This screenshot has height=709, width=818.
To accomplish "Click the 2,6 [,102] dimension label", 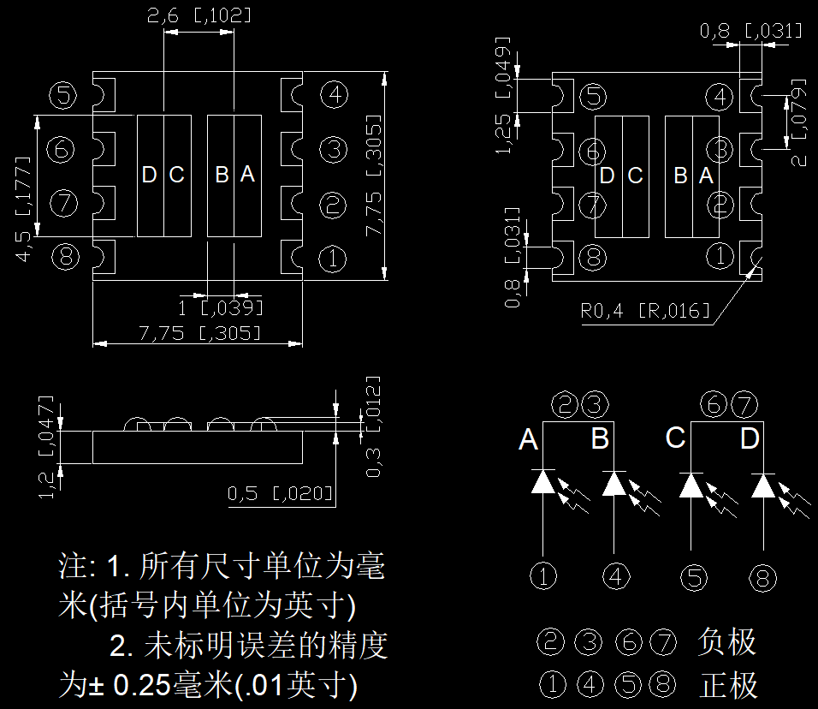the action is point(199,15).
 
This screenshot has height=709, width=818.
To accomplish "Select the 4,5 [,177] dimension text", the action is point(23,208).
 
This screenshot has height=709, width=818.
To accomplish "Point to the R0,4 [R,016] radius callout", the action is point(645,311).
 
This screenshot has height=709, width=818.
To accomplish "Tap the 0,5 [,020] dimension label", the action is point(280,493).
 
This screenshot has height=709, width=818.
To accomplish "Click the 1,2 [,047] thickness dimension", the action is point(46,447).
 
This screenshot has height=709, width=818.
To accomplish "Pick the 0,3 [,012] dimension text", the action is point(373,426).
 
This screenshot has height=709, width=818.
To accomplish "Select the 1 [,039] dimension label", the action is point(220,308).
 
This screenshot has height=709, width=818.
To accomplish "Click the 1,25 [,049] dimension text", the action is point(502,96).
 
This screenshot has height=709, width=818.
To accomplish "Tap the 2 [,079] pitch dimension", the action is point(798,122).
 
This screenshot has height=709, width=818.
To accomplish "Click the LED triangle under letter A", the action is point(543,481).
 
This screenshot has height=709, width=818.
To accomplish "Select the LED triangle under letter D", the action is point(763,486).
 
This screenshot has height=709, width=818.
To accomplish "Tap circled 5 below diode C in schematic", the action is point(695,578).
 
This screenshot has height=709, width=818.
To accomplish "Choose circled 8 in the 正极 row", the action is point(662,684).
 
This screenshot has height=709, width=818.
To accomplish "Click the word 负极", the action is point(727,641).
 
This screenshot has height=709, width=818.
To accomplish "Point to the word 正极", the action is point(728,685).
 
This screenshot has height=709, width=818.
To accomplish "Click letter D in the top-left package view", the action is point(149,175).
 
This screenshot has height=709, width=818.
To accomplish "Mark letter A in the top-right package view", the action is point(706,176).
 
